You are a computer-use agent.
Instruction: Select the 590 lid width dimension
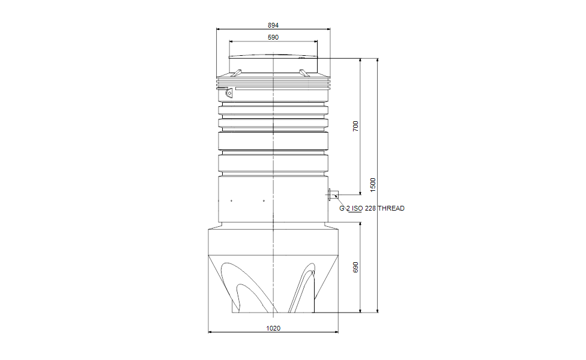[x=273, y=38]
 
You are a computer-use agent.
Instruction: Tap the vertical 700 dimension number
[x=355, y=126]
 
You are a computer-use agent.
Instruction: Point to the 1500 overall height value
[x=373, y=184]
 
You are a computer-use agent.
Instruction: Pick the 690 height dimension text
[x=355, y=268]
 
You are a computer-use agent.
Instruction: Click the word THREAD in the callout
[x=391, y=209]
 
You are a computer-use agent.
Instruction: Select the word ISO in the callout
[x=357, y=209]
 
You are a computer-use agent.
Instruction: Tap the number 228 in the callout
[x=370, y=209]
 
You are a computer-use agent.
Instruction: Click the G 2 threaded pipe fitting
[x=332, y=194]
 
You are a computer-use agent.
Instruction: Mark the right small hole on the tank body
[x=264, y=200]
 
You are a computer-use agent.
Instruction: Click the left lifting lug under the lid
[x=238, y=73]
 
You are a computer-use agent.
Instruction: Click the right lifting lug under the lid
[x=304, y=73]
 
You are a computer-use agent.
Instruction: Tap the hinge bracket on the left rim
[x=228, y=93]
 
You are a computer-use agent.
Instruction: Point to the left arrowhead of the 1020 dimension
[x=210, y=332]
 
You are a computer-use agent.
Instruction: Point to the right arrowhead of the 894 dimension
[x=328, y=29]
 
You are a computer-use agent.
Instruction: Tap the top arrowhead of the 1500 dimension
[x=378, y=61]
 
